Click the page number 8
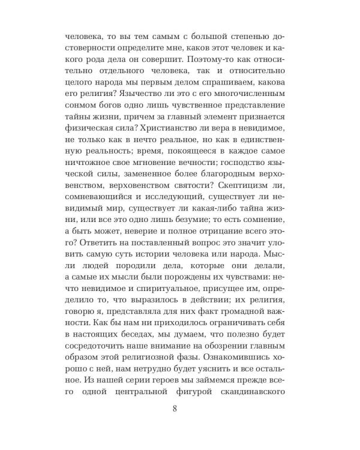pyautogui.click(x=174, y=409)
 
